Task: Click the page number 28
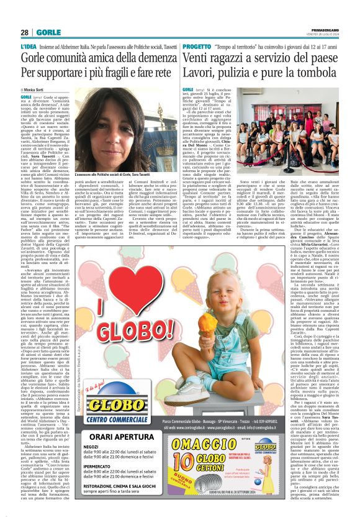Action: pyautogui.click(x=24, y=33)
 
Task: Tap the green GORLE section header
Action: pyautogui.click(x=47, y=33)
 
